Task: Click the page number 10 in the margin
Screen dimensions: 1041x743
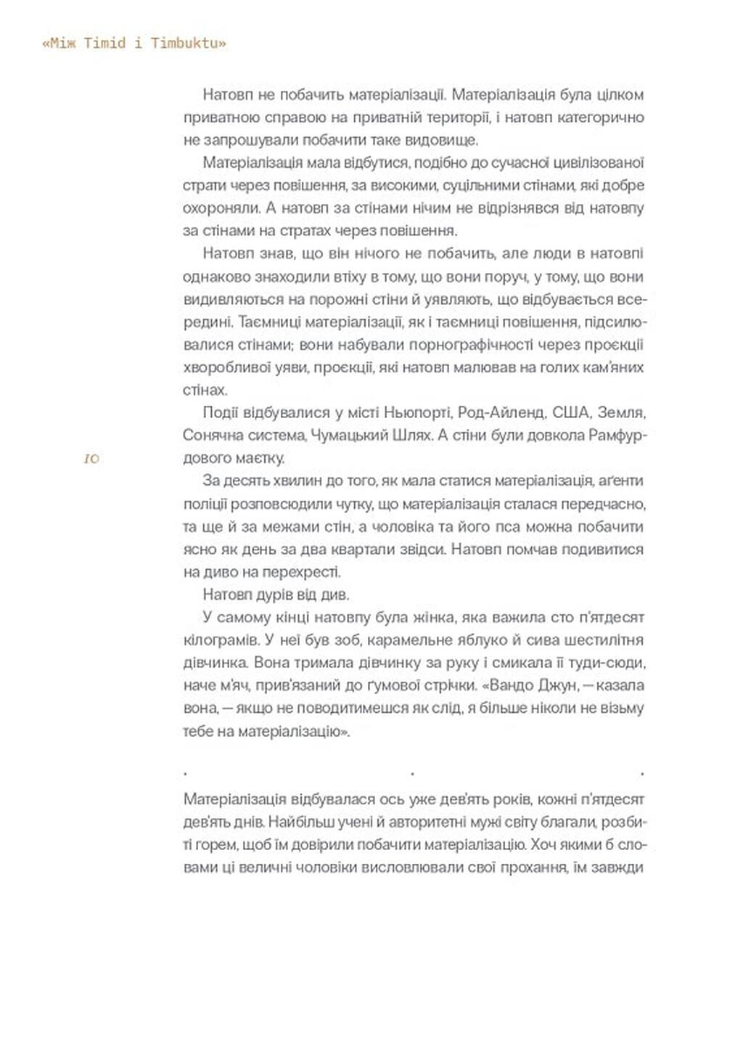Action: tap(91, 460)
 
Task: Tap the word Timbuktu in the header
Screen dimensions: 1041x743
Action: tap(189, 44)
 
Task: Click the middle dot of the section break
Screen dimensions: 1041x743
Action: tap(413, 775)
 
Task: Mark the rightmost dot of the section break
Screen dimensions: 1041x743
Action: tap(642, 775)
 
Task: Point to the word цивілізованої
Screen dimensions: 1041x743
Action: tap(596, 162)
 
